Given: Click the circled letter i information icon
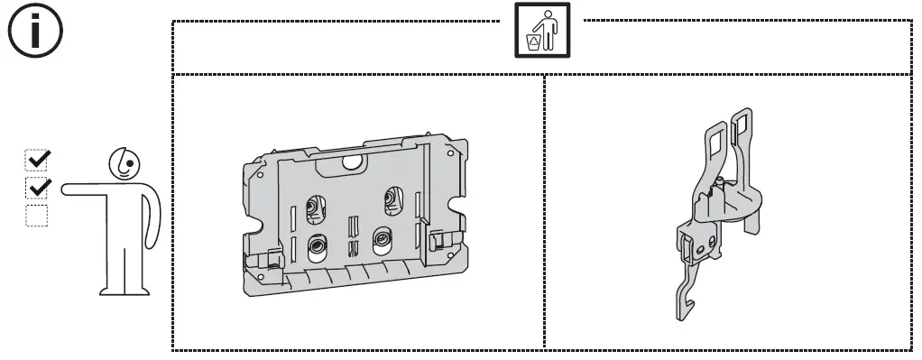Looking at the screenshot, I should pyautogui.click(x=35, y=32).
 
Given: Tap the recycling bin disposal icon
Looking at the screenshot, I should pyautogui.click(x=542, y=30).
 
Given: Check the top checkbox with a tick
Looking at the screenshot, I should pyautogui.click(x=37, y=160).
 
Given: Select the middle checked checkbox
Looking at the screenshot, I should pyautogui.click(x=37, y=189).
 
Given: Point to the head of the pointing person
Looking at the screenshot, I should pyautogui.click(x=124, y=163).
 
